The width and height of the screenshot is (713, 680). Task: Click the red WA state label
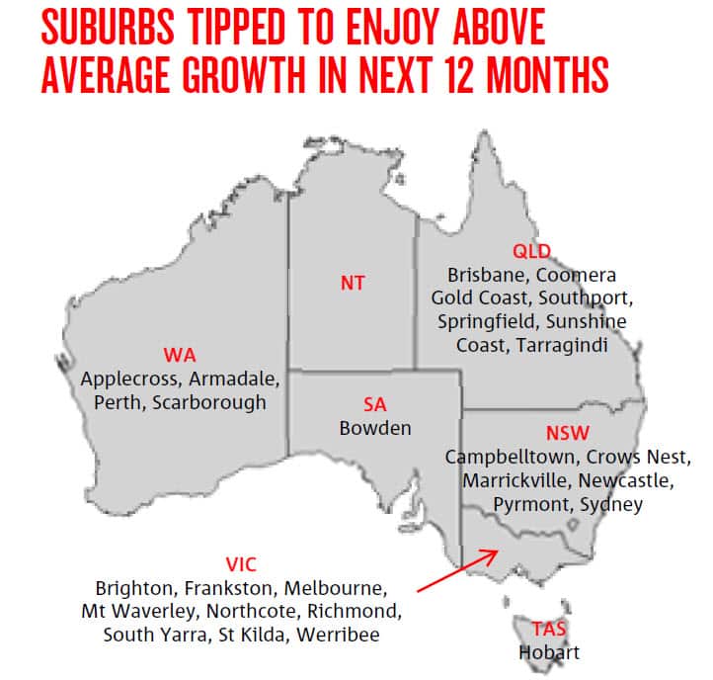179,354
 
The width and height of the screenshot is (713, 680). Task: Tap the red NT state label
353,284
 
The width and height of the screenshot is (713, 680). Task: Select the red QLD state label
531,250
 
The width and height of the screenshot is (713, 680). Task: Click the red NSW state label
568,434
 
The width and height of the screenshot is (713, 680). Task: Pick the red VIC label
241,563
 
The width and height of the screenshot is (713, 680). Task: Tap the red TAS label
549,629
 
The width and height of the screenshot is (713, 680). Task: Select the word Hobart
549,651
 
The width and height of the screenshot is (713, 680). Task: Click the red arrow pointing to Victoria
458,569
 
